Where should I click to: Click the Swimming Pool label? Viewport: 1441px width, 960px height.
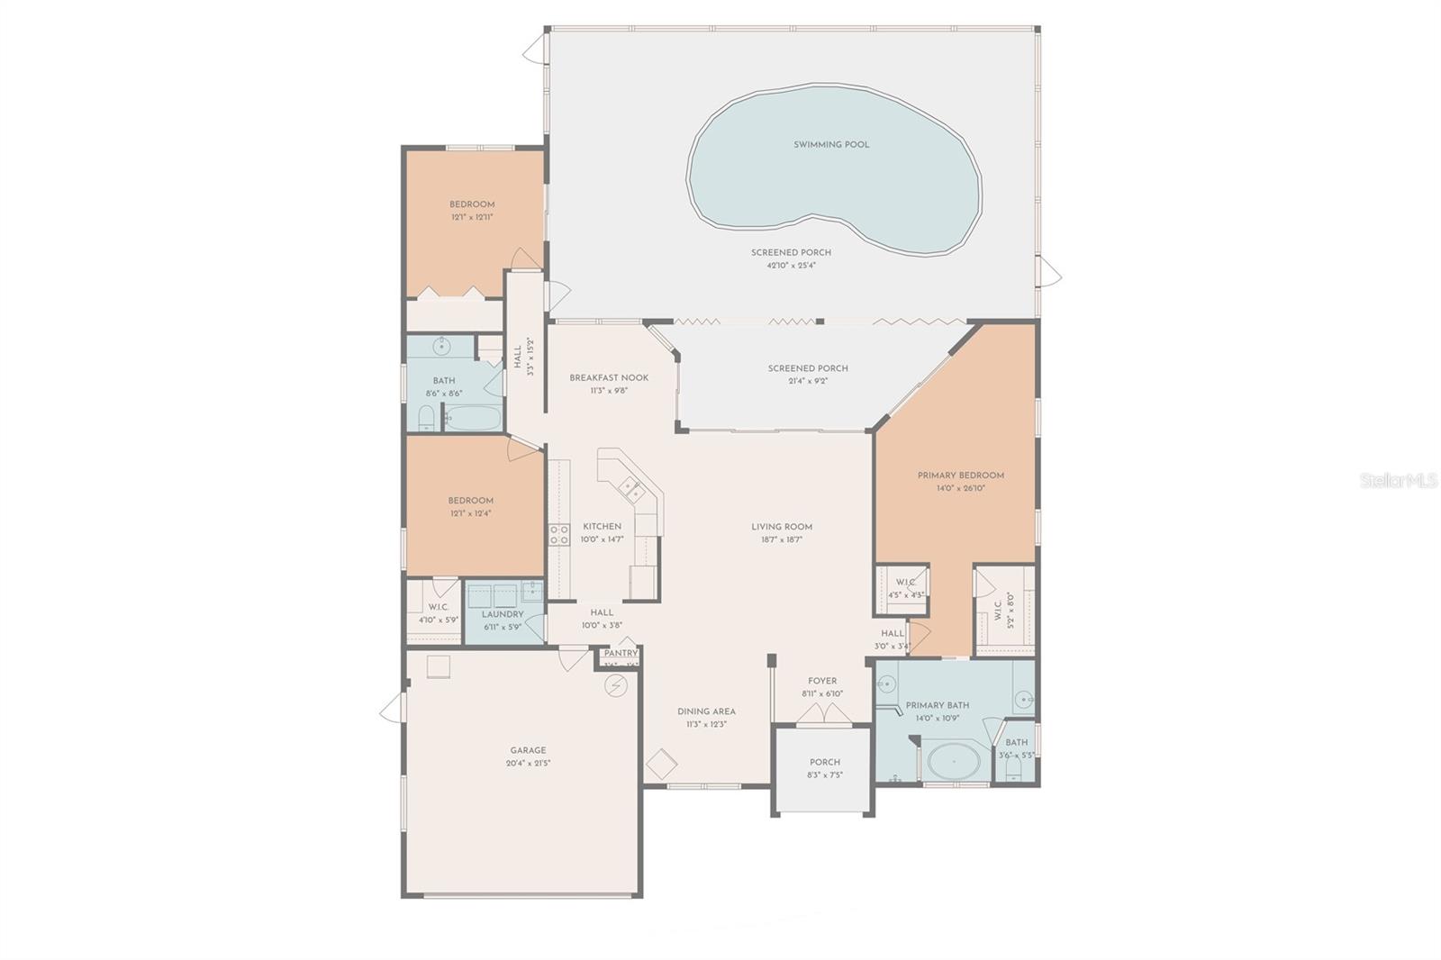click(x=831, y=144)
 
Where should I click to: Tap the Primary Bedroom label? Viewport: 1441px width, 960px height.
click(x=960, y=475)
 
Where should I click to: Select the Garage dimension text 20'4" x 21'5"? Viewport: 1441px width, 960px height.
click(x=528, y=764)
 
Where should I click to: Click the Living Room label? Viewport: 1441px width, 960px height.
click(x=782, y=527)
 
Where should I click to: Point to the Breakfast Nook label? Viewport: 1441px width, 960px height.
click(x=609, y=378)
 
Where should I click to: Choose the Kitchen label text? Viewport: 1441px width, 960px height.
click(x=602, y=527)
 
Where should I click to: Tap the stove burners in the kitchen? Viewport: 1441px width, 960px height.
click(x=559, y=534)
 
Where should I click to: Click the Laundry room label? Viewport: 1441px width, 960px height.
click(x=503, y=614)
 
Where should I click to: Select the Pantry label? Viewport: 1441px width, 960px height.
click(x=621, y=654)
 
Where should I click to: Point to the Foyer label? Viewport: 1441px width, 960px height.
click(x=821, y=681)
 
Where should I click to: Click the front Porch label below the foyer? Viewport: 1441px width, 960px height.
click(x=824, y=762)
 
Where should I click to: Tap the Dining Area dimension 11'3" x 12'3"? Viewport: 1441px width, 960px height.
click(x=706, y=724)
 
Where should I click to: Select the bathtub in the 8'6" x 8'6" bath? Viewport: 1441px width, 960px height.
click(x=474, y=419)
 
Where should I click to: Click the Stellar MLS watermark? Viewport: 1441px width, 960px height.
click(x=1398, y=481)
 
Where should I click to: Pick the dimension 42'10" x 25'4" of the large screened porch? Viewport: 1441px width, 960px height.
click(x=791, y=266)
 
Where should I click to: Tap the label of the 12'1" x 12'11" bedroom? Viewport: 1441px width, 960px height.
click(x=472, y=204)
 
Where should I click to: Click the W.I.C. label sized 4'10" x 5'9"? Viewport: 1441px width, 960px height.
click(x=439, y=607)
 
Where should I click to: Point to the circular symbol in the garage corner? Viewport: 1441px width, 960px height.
click(x=616, y=686)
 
